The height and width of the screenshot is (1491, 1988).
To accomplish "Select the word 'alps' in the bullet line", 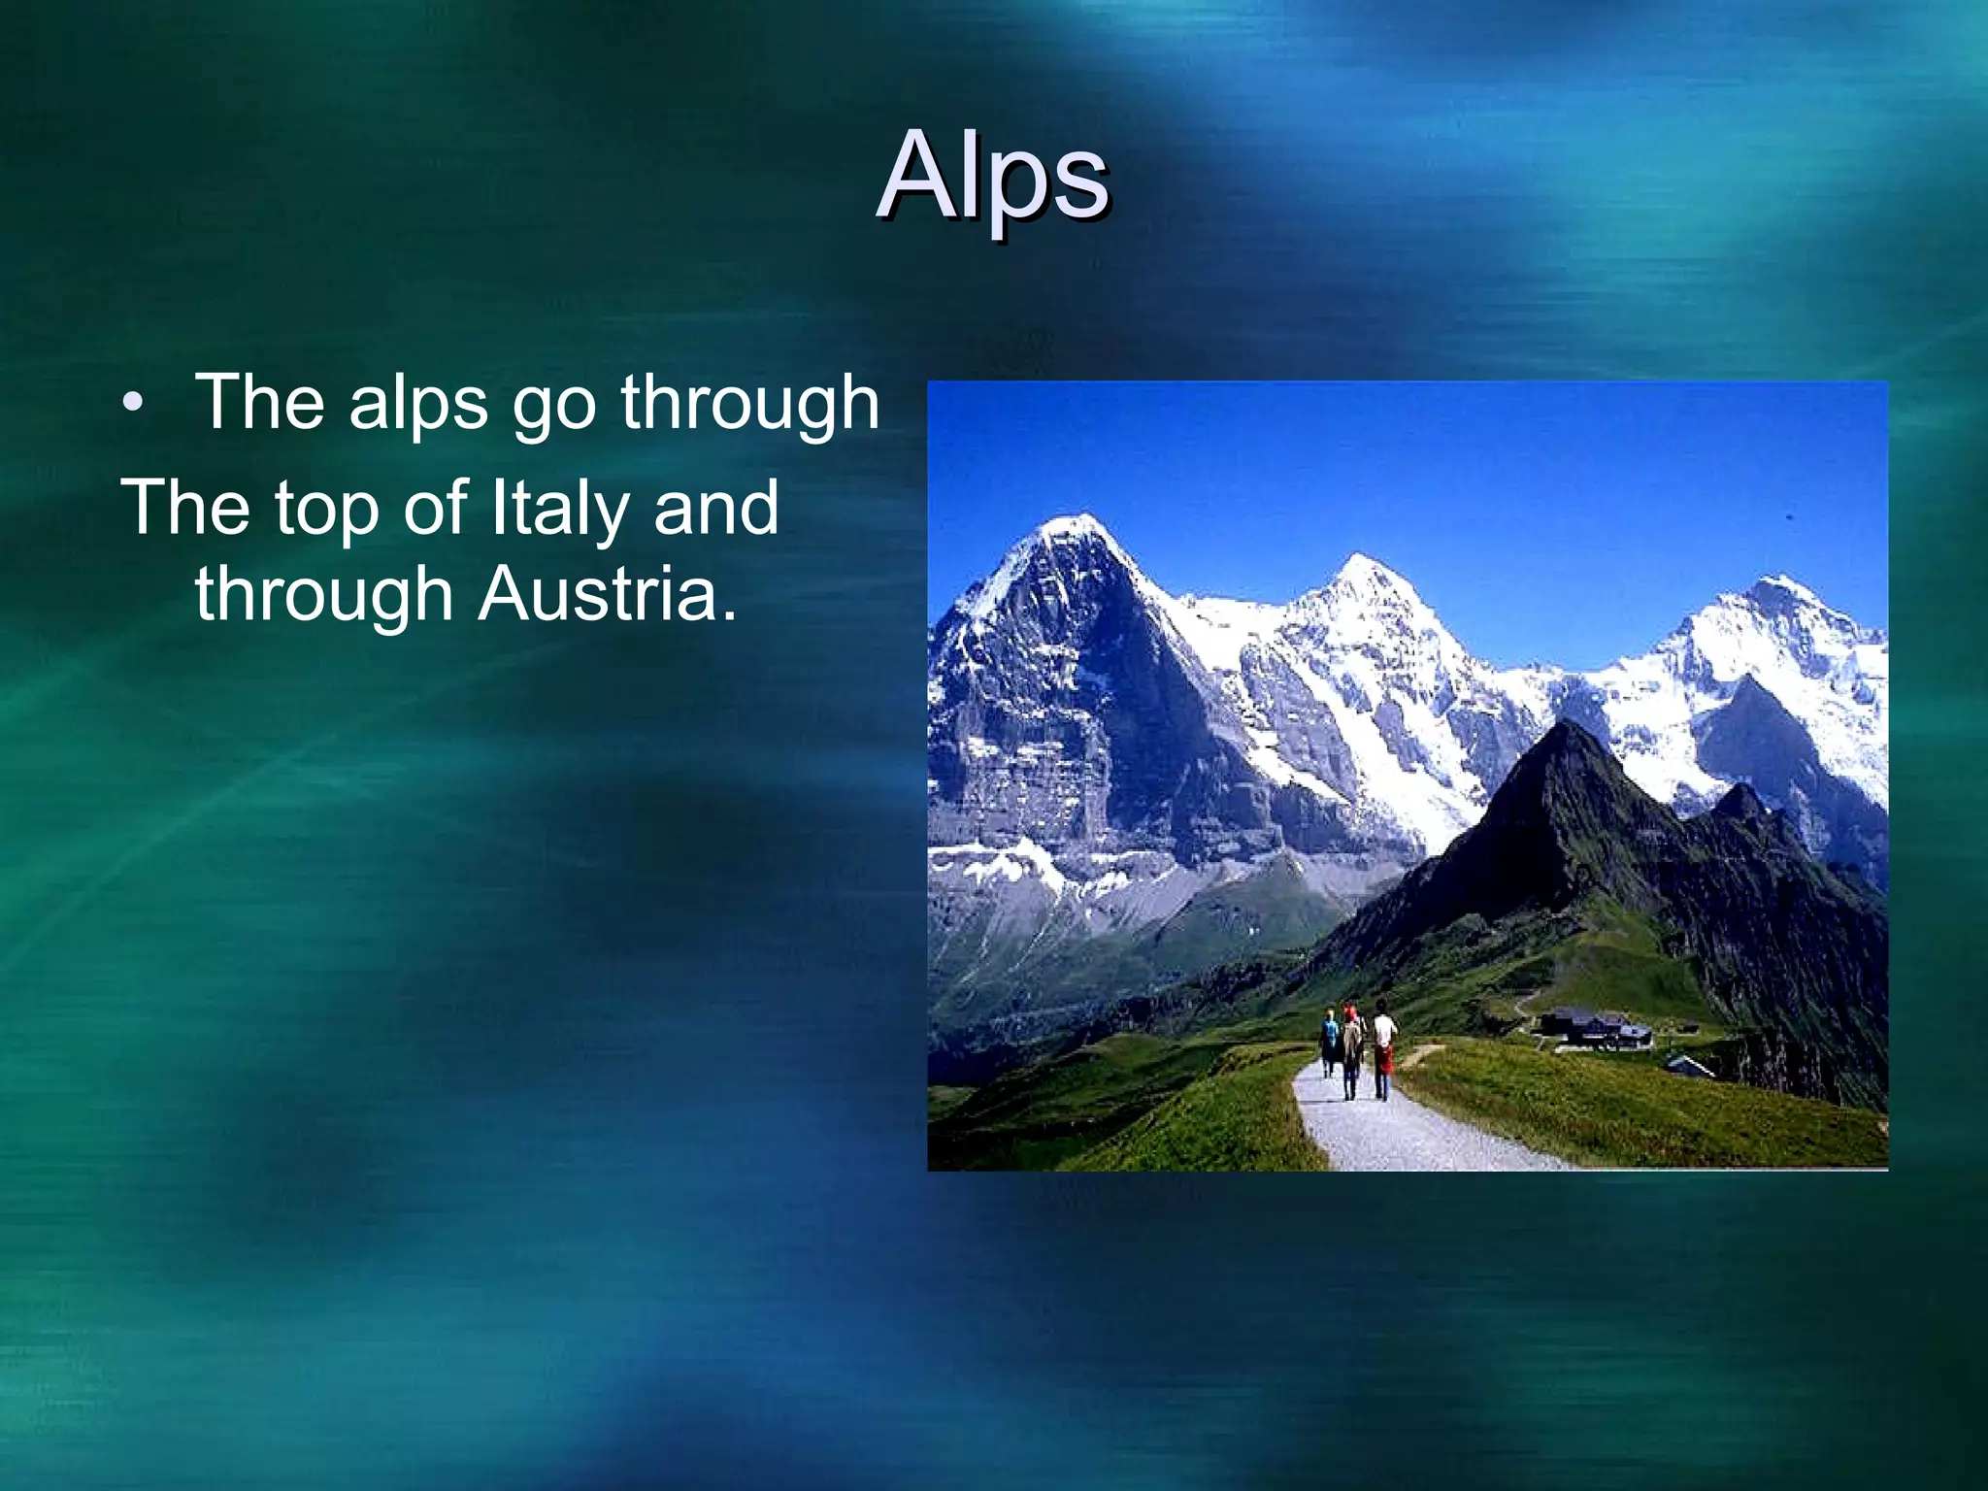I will (418, 403).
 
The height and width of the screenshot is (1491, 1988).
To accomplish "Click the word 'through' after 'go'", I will (749, 403).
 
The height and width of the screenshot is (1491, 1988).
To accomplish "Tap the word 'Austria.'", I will (608, 594).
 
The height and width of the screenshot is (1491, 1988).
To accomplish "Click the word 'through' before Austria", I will (324, 596).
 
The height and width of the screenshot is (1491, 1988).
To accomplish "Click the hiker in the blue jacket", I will (1329, 1041).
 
